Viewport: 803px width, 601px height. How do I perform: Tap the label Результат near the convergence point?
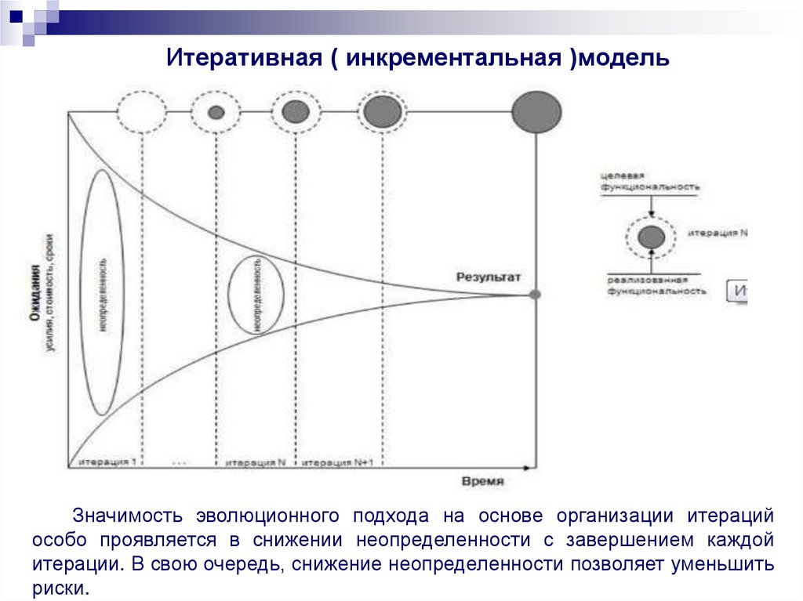(x=489, y=277)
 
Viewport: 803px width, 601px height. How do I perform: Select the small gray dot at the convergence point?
(x=535, y=295)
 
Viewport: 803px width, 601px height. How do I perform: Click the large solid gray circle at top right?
(x=536, y=111)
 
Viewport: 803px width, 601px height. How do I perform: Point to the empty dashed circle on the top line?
(x=141, y=111)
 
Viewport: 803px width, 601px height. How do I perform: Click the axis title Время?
(x=482, y=481)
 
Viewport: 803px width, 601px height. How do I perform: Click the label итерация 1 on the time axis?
(x=107, y=462)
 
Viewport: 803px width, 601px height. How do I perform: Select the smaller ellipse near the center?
(x=256, y=294)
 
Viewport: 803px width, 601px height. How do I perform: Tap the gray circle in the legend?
(x=651, y=236)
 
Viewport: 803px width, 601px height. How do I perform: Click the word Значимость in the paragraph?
(x=129, y=516)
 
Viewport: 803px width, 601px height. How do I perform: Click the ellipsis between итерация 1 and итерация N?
(x=179, y=463)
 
